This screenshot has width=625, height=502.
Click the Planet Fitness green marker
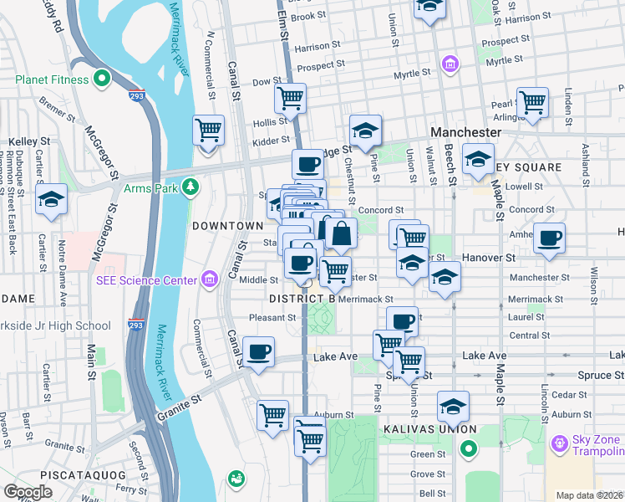point(103,79)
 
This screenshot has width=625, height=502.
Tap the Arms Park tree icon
point(191,187)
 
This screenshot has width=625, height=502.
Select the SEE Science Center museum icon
point(209,279)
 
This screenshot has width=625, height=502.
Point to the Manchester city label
point(465,133)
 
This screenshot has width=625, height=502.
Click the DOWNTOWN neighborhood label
point(227,226)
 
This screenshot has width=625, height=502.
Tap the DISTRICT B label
point(302,298)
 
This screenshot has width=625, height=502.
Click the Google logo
point(28,492)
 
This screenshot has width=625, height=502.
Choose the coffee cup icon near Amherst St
point(549,238)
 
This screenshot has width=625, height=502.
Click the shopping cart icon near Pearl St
point(532,102)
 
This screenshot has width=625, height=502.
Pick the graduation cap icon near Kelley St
point(51,200)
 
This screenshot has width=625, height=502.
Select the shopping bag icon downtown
point(341,233)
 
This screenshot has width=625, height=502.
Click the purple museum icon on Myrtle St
point(451,64)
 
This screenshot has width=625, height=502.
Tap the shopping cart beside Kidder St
point(208,130)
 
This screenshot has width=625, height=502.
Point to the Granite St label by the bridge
point(185,401)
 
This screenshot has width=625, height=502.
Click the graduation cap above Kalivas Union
point(452,407)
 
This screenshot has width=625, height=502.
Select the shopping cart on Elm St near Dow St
point(290,98)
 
